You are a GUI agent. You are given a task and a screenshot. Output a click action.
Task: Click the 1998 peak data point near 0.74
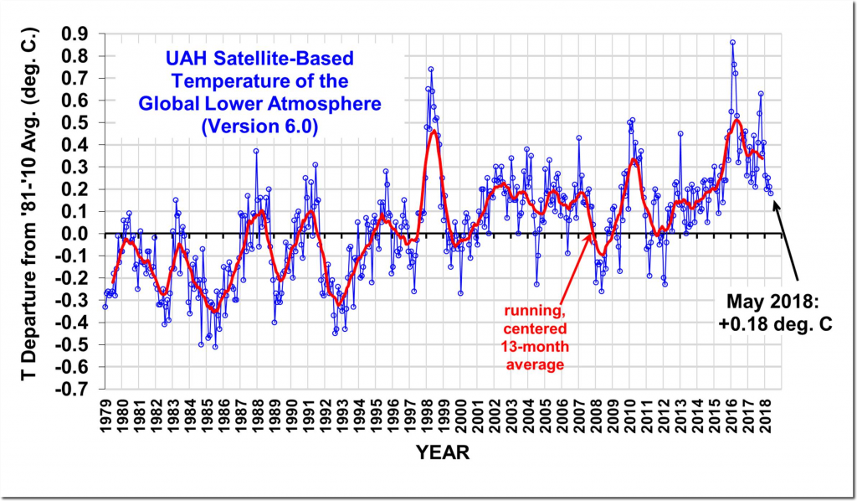pos(430,70)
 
